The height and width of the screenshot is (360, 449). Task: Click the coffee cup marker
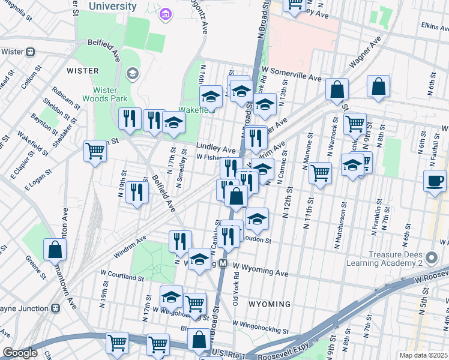(x=434, y=181)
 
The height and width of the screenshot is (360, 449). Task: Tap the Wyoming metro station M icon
(x=223, y=263)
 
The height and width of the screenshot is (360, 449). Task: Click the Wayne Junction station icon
(x=56, y=308)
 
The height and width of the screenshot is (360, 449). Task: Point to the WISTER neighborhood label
(x=83, y=71)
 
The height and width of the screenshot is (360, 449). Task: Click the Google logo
(x=20, y=353)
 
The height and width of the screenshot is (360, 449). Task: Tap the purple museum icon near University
(x=166, y=13)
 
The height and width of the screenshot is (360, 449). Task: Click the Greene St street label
(x=35, y=268)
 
